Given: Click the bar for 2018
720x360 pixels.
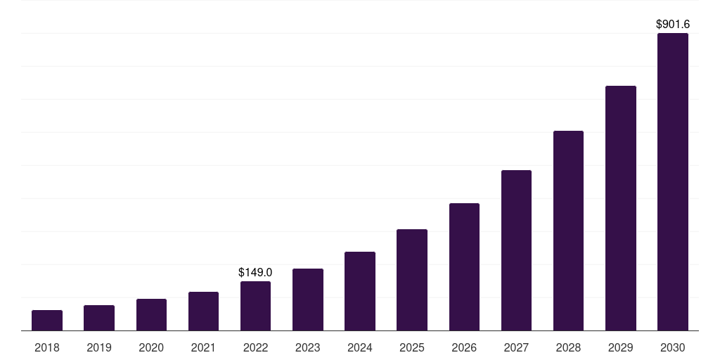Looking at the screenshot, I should [47, 321].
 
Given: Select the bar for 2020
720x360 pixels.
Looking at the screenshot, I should [151, 315].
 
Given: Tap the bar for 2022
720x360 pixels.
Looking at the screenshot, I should [255, 306].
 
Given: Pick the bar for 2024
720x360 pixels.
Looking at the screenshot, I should [360, 291].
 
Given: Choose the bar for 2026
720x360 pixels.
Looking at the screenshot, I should [464, 267].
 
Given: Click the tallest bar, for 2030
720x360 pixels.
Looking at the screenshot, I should [672, 182].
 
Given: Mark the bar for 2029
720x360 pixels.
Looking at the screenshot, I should [620, 208].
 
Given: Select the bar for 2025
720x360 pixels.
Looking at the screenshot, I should [412, 280].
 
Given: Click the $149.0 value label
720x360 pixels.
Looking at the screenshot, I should [255, 272].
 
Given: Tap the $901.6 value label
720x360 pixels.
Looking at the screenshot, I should [672, 24].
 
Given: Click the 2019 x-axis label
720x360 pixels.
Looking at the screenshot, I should [99, 347].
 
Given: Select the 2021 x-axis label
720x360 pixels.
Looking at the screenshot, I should [203, 347].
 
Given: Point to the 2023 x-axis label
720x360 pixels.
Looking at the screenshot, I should [308, 347].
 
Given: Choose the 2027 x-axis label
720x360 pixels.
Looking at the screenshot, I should [516, 347].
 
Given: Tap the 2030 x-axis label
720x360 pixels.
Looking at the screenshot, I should [672, 347].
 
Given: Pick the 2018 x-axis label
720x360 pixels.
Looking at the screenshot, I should [47, 347].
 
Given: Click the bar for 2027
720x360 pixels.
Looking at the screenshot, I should [516, 250].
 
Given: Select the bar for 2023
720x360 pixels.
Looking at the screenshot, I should [308, 300].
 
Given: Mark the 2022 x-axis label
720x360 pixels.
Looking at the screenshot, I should [255, 347].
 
